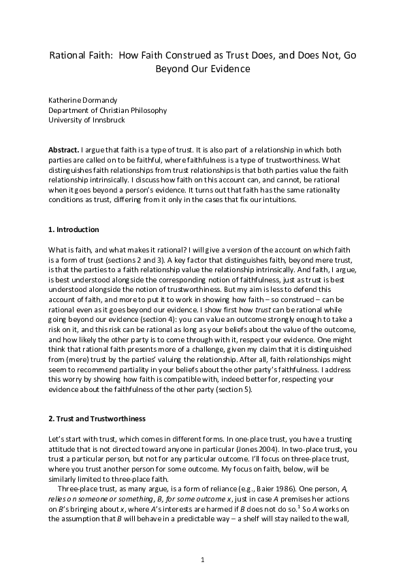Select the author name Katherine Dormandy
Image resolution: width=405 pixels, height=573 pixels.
(87, 99)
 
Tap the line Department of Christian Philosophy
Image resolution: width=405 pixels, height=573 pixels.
(107, 110)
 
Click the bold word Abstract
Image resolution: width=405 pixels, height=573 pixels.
(63, 149)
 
